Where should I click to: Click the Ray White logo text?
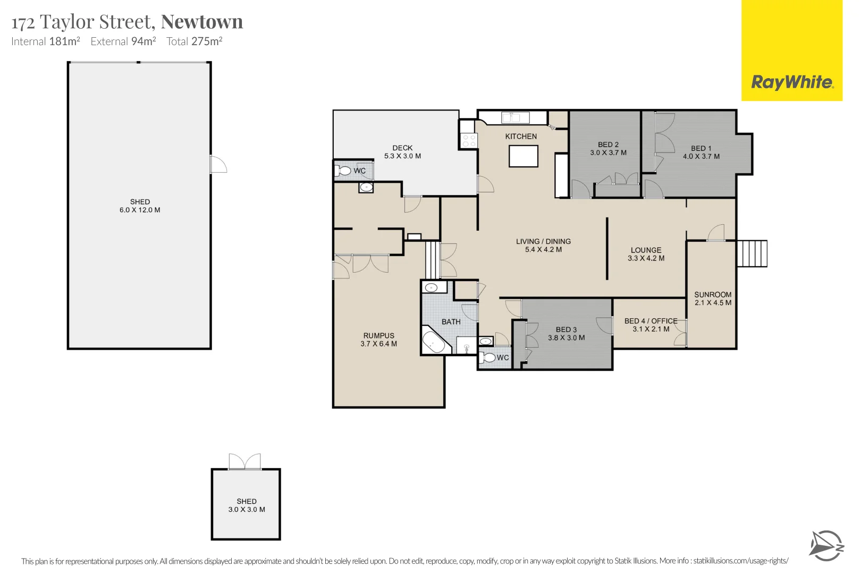point(792,82)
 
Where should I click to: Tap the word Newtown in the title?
point(202,22)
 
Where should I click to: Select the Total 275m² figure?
point(195,41)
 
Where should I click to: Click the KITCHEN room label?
point(521,137)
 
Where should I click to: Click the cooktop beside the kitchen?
point(469,140)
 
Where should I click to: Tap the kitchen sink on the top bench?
point(512,117)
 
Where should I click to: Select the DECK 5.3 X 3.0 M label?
point(402,152)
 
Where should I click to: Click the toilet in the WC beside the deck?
point(343,171)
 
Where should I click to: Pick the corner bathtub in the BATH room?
point(434,343)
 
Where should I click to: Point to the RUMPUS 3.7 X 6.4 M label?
point(378,340)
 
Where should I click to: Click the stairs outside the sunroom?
point(752,254)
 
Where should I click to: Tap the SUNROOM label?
point(713,294)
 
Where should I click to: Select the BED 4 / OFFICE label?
point(651,321)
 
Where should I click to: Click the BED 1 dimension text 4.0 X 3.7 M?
point(701,157)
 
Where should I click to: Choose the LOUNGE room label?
point(646,250)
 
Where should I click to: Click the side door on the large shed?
point(218,164)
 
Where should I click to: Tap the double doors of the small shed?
point(245,461)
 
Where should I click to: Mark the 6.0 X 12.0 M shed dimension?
point(140,210)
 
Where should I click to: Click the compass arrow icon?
point(826,545)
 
